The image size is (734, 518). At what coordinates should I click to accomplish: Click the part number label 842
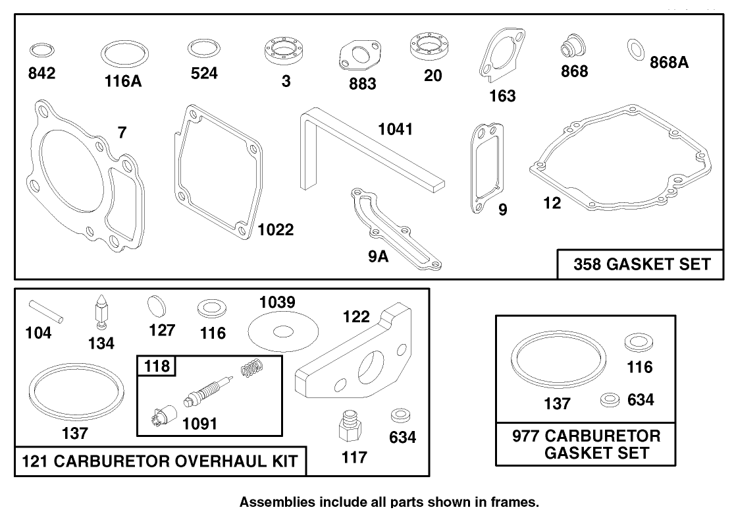41,73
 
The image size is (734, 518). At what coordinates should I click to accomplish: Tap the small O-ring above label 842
41,50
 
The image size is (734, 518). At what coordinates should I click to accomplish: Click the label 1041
396,129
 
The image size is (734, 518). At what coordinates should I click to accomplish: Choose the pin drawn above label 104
45,311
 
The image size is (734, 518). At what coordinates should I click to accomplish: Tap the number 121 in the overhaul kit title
36,461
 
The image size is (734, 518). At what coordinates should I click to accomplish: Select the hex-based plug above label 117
349,426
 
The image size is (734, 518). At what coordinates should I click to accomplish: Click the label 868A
669,63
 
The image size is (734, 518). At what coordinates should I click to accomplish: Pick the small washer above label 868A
636,49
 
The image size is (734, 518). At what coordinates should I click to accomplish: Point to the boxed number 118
157,366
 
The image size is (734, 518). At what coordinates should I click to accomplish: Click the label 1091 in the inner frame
199,424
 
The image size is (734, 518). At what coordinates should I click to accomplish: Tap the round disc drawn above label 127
157,306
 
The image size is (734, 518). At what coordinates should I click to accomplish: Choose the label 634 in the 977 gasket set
641,400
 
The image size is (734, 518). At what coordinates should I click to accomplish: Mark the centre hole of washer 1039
283,332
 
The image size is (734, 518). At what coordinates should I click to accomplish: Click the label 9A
379,257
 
